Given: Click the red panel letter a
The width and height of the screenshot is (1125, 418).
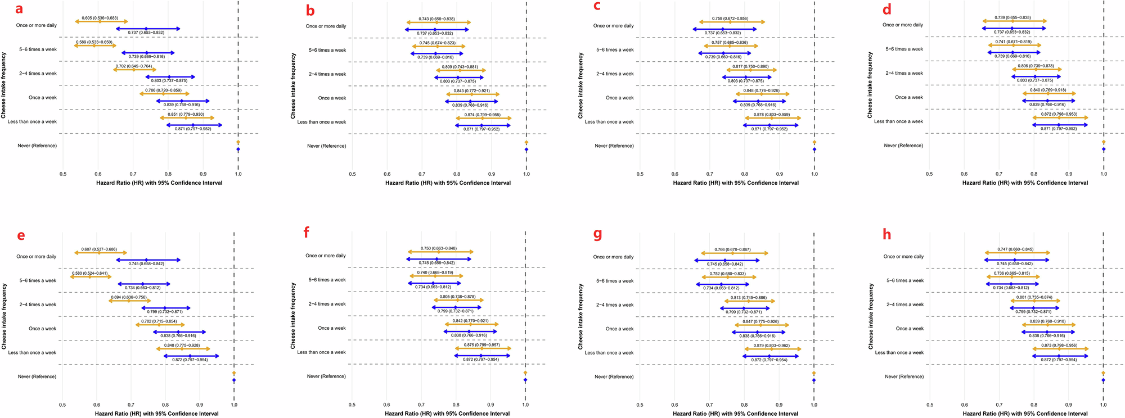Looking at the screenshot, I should (x=20, y=10).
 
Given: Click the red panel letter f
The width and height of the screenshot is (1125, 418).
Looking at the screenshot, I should (x=307, y=233).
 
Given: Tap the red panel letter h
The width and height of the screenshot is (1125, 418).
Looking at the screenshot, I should (x=887, y=234).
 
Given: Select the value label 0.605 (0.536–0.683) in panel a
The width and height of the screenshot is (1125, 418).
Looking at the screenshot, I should (x=100, y=18).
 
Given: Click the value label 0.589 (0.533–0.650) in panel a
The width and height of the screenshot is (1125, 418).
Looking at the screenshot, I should (x=94, y=42).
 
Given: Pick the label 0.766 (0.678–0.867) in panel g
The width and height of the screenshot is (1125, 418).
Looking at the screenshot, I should (x=734, y=249).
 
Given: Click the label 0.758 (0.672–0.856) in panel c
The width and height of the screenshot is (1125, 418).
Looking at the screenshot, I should (x=731, y=19).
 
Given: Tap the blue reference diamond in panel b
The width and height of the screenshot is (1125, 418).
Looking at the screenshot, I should (x=526, y=150).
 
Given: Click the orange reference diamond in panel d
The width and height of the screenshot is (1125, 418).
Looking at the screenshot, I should (x=1104, y=142).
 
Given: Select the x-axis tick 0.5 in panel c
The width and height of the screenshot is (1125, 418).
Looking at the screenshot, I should (x=640, y=174).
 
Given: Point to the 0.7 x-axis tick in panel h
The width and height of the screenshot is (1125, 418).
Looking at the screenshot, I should (x=999, y=405).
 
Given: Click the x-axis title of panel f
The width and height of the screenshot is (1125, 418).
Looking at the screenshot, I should (x=447, y=414).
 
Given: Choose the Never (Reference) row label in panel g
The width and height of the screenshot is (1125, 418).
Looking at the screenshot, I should (x=614, y=377).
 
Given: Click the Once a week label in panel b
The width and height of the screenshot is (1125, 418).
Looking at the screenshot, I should (x=332, y=98).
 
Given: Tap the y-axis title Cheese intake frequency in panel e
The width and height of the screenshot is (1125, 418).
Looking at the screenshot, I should (x=4, y=316).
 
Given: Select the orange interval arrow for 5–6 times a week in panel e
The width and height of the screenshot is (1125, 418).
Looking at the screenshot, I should (x=91, y=276).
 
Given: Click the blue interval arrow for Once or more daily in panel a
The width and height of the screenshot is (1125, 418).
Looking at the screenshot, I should (x=148, y=29).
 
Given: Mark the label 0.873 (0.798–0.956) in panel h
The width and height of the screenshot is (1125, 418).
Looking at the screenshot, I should (x=1060, y=345).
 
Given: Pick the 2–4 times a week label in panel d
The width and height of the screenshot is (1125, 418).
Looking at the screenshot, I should (x=904, y=73).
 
